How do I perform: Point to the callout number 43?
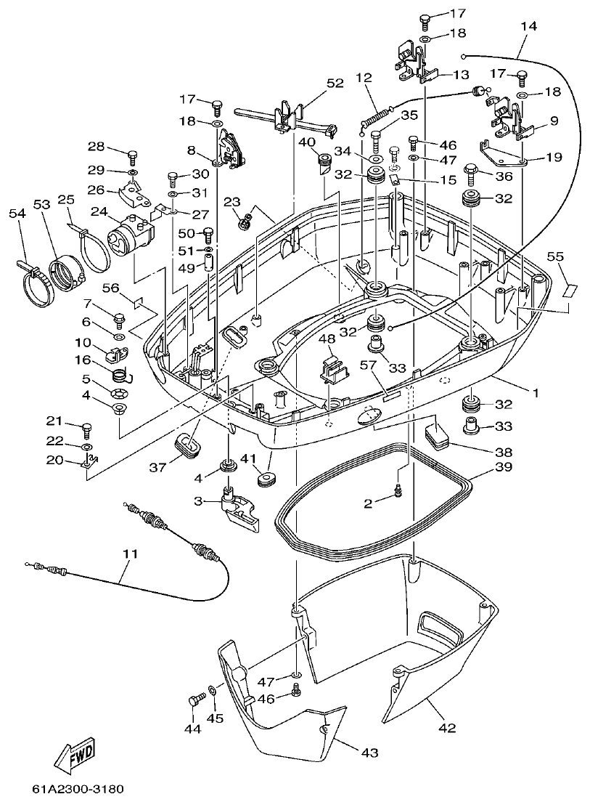click(369, 753)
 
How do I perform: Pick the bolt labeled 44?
click(192, 700)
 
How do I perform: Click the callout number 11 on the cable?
click(129, 554)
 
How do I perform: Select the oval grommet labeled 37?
click(188, 445)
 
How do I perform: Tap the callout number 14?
click(529, 26)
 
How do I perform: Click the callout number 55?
click(555, 256)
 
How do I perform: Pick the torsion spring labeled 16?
click(123, 374)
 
